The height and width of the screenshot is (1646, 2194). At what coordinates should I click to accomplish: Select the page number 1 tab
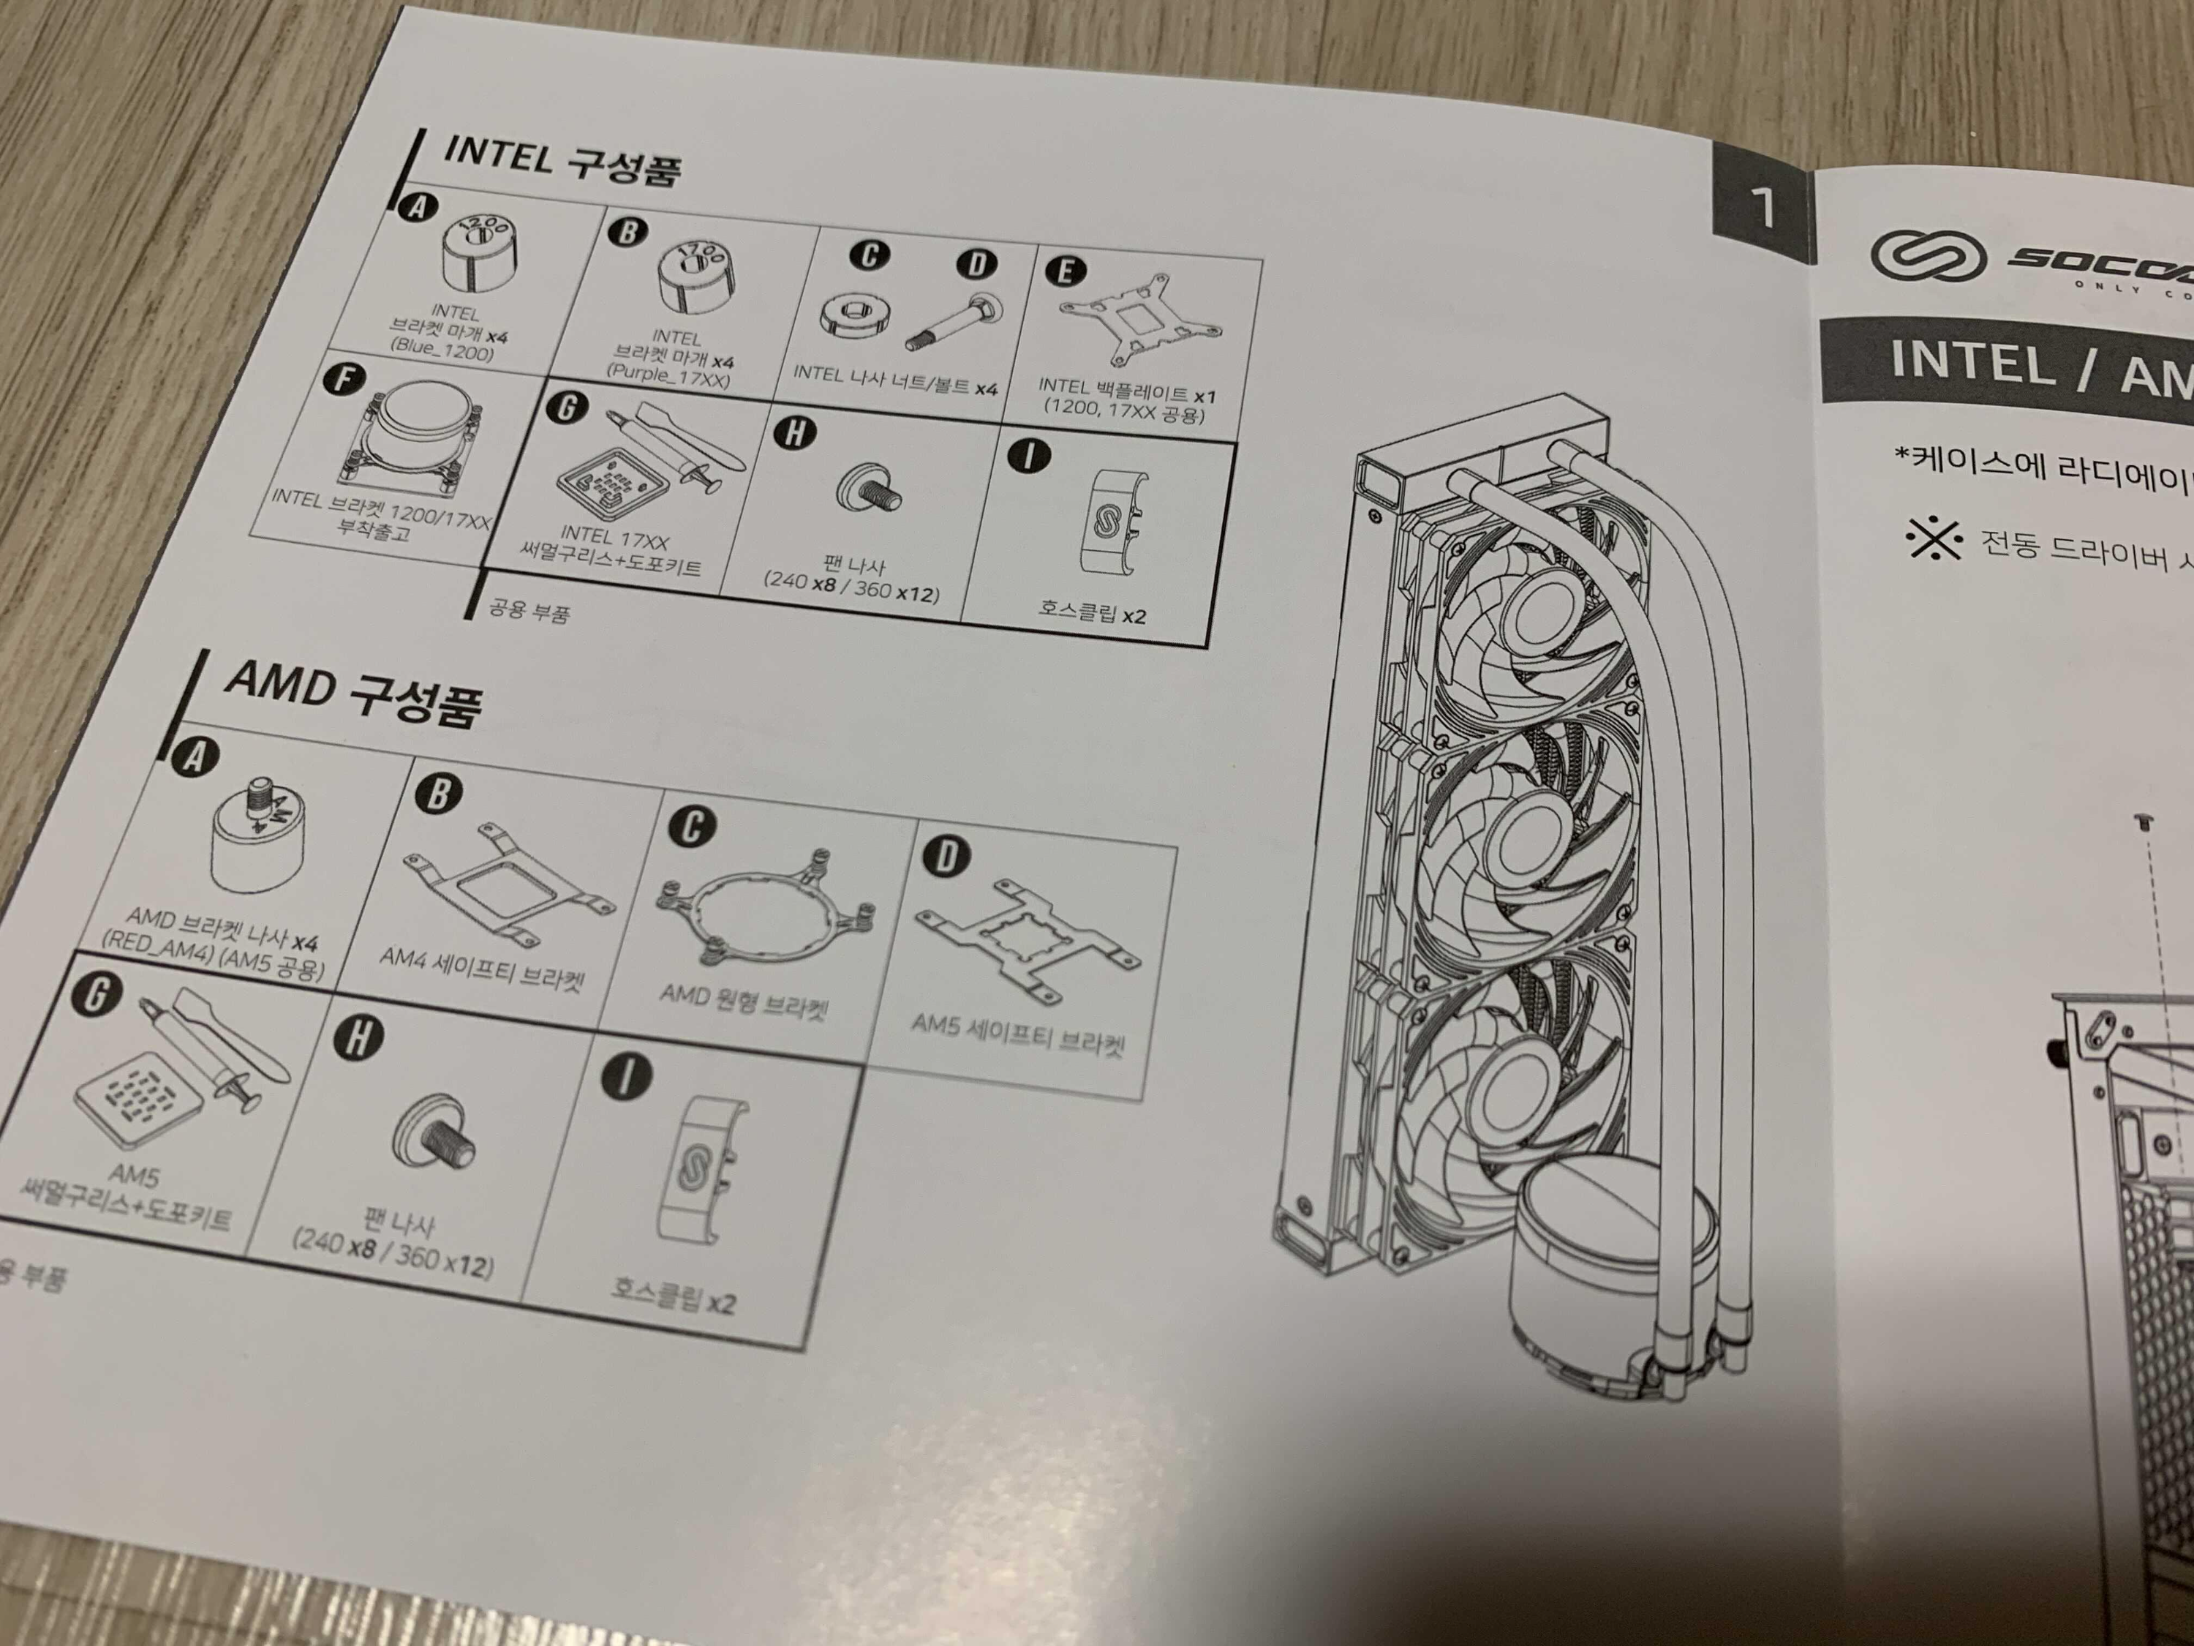pos(1763,206)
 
